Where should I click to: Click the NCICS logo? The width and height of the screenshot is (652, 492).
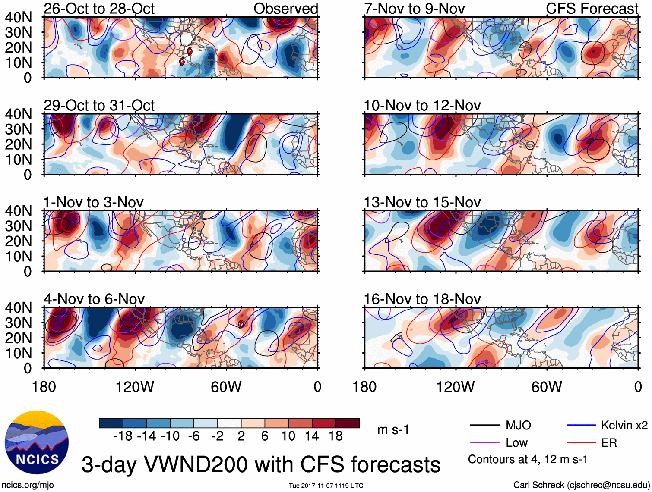(37, 442)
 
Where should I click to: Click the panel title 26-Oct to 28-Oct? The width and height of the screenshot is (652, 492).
(99, 9)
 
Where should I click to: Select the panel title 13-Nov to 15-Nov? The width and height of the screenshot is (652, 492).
(422, 202)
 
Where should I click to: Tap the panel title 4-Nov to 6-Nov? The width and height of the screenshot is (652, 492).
(94, 299)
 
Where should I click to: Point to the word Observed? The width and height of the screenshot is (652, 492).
(285, 9)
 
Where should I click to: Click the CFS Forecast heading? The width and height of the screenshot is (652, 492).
(592, 9)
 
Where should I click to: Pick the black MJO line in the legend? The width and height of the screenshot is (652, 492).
(484, 426)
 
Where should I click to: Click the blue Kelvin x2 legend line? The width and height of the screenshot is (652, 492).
(581, 426)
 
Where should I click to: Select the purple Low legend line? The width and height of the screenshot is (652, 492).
(484, 443)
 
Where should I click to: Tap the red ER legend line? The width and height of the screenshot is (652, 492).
(581, 443)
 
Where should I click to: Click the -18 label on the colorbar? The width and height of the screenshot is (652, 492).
(123, 436)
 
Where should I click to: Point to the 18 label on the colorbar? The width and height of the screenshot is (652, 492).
(335, 436)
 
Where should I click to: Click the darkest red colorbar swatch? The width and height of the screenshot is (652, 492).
(348, 423)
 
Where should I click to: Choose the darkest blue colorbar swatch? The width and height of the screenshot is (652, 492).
(111, 423)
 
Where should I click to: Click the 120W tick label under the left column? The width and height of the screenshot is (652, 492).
(135, 387)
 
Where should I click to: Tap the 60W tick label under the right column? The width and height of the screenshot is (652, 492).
(547, 387)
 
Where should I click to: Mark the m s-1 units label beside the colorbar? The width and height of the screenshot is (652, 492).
(393, 430)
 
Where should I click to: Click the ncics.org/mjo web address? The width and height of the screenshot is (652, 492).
(28, 485)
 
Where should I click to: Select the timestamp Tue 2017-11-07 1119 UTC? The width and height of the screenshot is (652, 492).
(326, 486)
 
